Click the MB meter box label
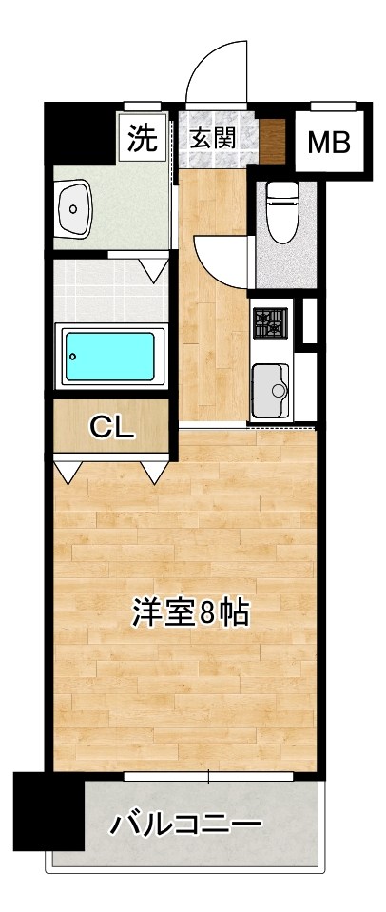(329, 143)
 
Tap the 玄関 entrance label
(212, 138)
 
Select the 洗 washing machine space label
(142, 139)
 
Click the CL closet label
(111, 428)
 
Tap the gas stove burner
(269, 323)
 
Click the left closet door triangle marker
(68, 470)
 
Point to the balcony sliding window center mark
(208, 777)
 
